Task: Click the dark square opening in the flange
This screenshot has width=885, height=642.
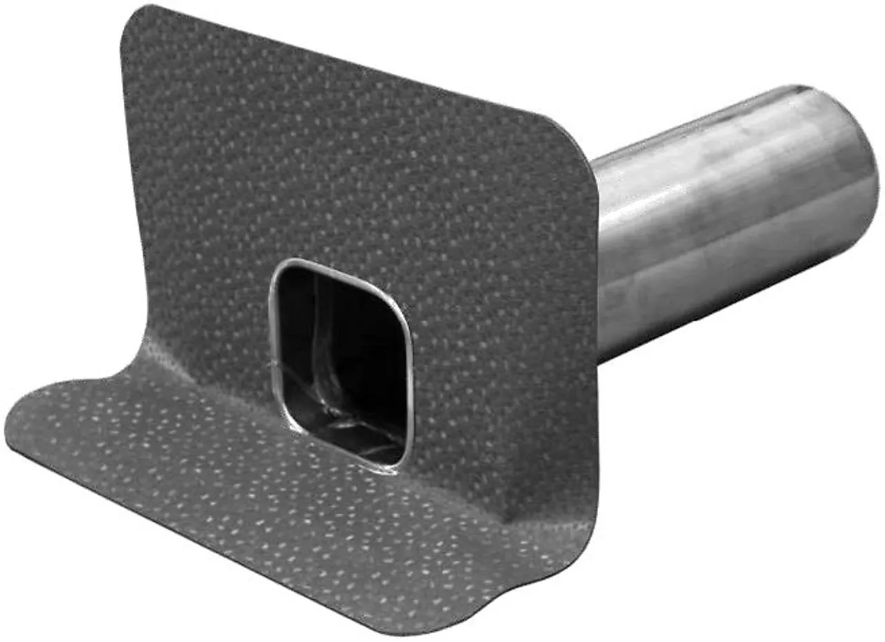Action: (342, 359)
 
